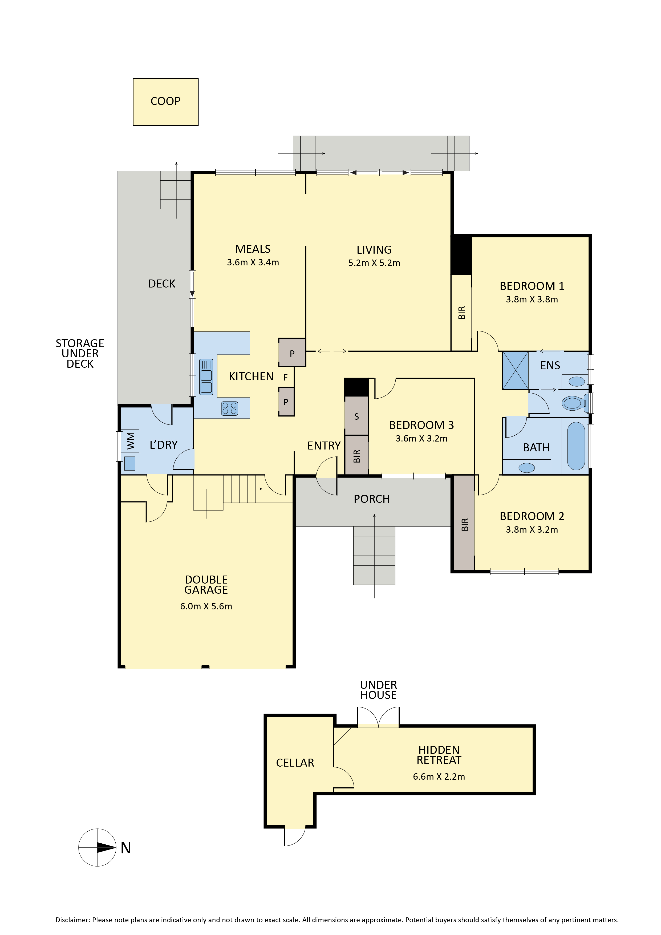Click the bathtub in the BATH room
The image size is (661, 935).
[576, 446]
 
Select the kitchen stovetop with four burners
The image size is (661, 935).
[229, 408]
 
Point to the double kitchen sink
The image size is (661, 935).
[206, 377]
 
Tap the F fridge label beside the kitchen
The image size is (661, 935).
[286, 378]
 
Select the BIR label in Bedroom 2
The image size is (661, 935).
[465, 524]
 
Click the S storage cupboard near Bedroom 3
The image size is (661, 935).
[357, 416]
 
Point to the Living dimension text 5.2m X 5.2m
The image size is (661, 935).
[374, 263]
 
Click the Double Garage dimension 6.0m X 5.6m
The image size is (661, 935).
[206, 606]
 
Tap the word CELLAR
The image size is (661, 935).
[295, 763]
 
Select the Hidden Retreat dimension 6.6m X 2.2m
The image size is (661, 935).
[439, 776]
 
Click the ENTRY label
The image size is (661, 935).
[324, 446]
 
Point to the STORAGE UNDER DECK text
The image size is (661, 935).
[80, 354]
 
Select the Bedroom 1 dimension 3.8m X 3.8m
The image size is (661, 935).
[532, 299]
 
